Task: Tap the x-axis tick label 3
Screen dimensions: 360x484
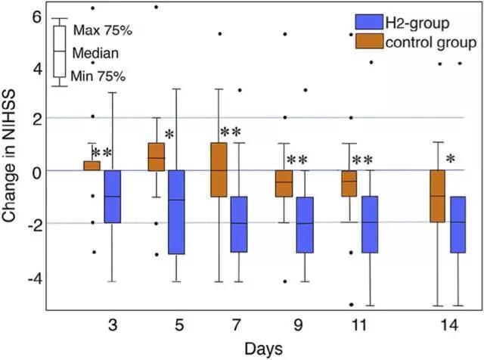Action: [112, 324]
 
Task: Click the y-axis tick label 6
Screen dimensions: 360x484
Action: [33, 15]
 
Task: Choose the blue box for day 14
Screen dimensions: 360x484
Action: [458, 224]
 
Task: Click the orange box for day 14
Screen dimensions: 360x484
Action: [437, 196]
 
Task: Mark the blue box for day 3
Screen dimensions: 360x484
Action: [112, 196]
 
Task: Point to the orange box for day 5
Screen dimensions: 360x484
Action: [156, 157]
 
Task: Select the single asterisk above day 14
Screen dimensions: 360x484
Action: [450, 160]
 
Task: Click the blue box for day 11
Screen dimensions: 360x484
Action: [370, 224]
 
